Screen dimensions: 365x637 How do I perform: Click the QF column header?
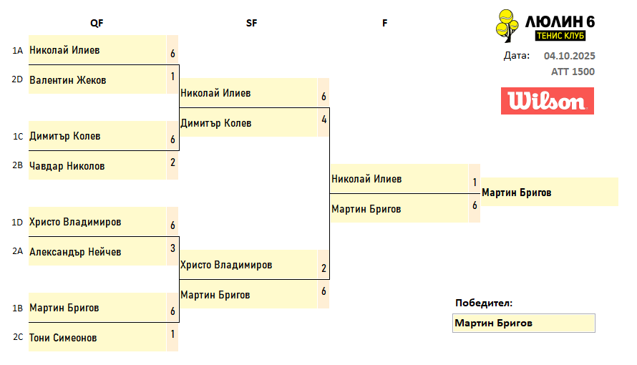pyautogui.click(x=97, y=23)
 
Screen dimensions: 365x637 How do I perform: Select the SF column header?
pyautogui.click(x=251, y=23)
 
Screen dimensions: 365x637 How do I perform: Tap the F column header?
pyautogui.click(x=384, y=23)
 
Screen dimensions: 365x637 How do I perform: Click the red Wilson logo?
pyautogui.click(x=548, y=101)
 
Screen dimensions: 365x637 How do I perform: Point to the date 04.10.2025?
pyautogui.click(x=569, y=56)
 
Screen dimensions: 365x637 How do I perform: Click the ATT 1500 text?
pyautogui.click(x=573, y=72)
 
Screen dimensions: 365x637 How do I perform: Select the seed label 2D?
pyautogui.click(x=18, y=79)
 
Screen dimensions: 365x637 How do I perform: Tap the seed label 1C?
pyautogui.click(x=18, y=136)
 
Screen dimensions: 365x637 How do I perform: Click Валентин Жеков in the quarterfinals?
pyautogui.click(x=68, y=80)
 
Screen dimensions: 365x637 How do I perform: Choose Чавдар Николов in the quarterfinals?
pyautogui.click(x=67, y=166)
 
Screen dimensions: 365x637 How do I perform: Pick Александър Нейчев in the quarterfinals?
pyautogui.click(x=75, y=252)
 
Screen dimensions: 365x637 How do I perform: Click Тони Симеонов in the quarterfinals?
pyautogui.click(x=63, y=338)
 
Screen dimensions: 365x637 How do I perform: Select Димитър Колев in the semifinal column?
pyautogui.click(x=216, y=123)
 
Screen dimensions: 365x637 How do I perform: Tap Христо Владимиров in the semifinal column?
pyautogui.click(x=226, y=265)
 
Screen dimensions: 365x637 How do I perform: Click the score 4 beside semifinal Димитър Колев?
pyautogui.click(x=324, y=120)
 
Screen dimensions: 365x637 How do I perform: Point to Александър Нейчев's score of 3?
pyautogui.click(x=173, y=248)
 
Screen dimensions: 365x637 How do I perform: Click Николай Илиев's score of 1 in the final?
pyautogui.click(x=475, y=182)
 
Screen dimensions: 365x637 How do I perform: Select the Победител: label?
pyautogui.click(x=484, y=303)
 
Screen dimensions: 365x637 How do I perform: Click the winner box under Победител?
pyautogui.click(x=524, y=323)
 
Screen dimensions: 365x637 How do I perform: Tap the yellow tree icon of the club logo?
pyautogui.click(x=508, y=26)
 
